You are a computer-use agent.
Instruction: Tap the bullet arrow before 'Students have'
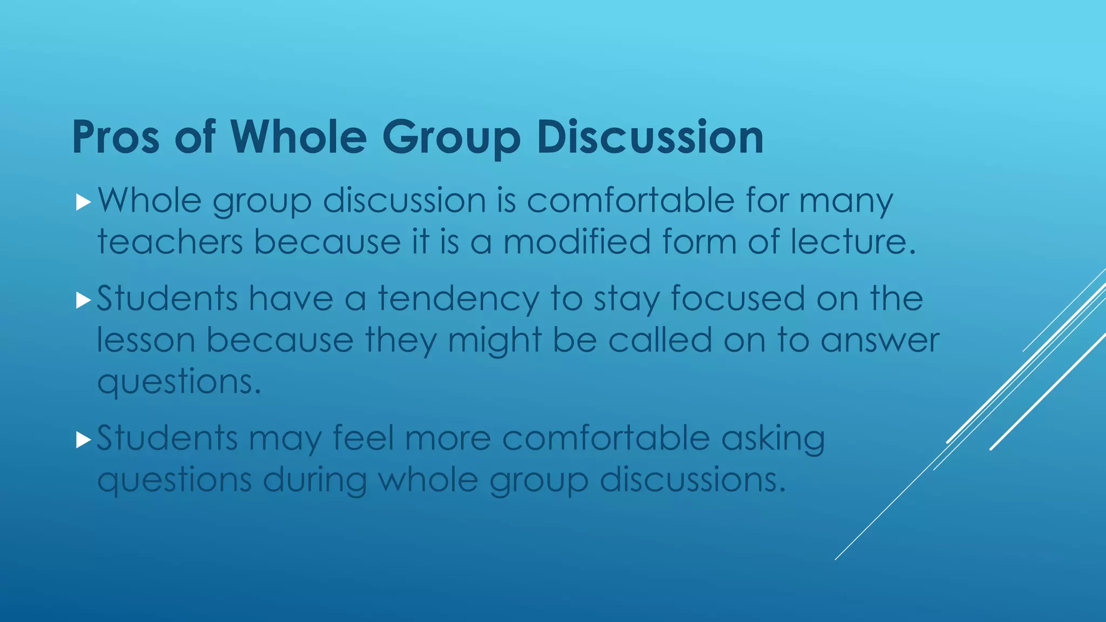pyautogui.click(x=83, y=300)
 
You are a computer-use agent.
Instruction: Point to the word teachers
pyautogui.click(x=170, y=241)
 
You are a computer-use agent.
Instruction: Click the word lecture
pyautogui.click(x=853, y=241)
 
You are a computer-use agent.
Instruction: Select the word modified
pyautogui.click(x=577, y=241)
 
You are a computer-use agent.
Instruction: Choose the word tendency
pyautogui.click(x=458, y=299)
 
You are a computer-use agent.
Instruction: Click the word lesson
pyautogui.click(x=146, y=341)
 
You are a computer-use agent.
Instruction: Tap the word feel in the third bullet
pyautogui.click(x=363, y=437)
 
